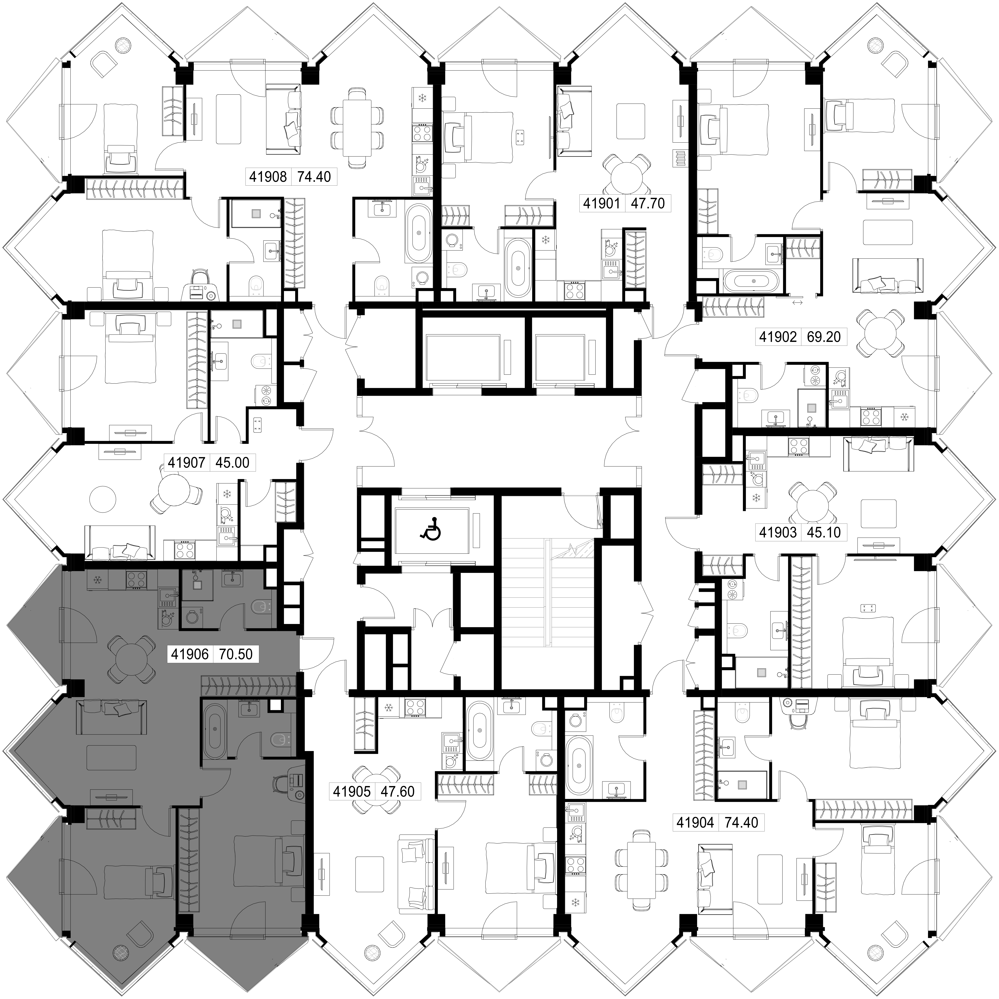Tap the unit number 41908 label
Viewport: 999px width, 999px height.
coord(268,177)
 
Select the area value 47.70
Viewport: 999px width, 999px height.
coord(648,203)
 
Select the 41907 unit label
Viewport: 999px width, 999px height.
coord(187,462)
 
